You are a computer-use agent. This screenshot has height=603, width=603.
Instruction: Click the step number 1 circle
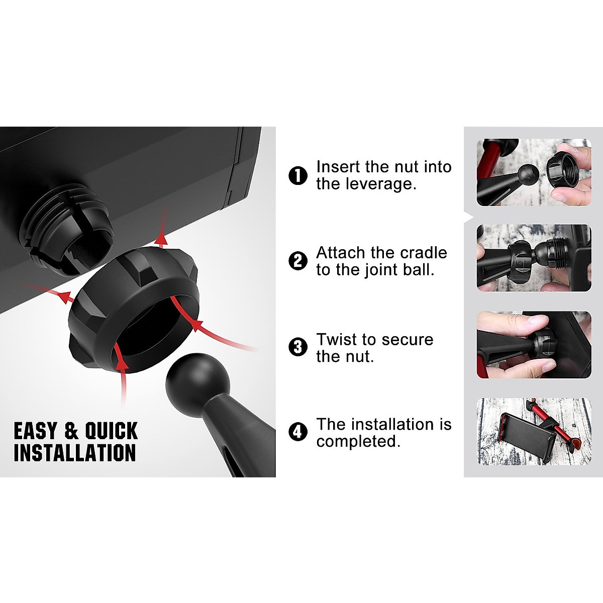point(298,176)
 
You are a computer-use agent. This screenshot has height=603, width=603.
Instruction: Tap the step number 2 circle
point(298,261)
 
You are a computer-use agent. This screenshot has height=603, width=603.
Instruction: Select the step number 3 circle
point(298,347)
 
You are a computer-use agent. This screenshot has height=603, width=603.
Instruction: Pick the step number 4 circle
point(298,432)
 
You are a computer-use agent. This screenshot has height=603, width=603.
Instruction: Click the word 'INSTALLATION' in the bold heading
point(75,452)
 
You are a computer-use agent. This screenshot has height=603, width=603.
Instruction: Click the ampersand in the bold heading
point(72,431)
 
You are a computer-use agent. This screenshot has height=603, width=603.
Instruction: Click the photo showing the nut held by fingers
point(534,172)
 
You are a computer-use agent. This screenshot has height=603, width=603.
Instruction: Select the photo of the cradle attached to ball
point(534,258)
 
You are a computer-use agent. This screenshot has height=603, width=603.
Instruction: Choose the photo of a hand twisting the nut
point(534,345)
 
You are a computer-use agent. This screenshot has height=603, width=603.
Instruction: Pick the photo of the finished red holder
point(534,432)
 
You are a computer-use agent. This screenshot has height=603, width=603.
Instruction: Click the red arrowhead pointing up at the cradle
point(161,238)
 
